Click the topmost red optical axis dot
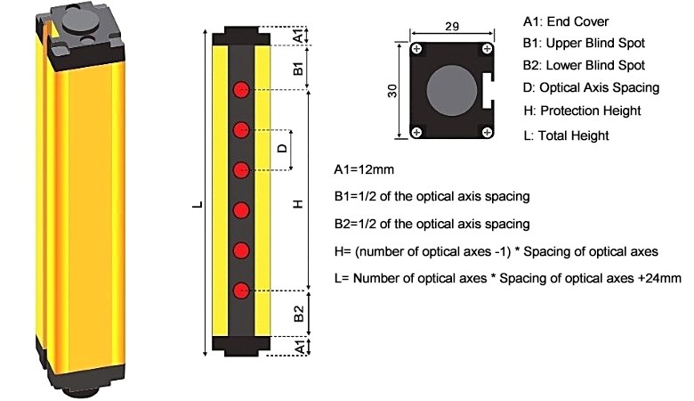[240, 90]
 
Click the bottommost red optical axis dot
[240, 290]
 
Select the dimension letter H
[298, 203]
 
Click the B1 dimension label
[299, 66]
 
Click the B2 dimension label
[299, 314]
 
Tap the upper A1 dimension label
[300, 35]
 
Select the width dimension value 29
[451, 28]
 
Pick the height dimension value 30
[393, 91]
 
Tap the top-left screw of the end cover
[416, 48]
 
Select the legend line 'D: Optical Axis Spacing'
[591, 87]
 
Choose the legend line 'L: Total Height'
[568, 135]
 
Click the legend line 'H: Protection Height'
[583, 111]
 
